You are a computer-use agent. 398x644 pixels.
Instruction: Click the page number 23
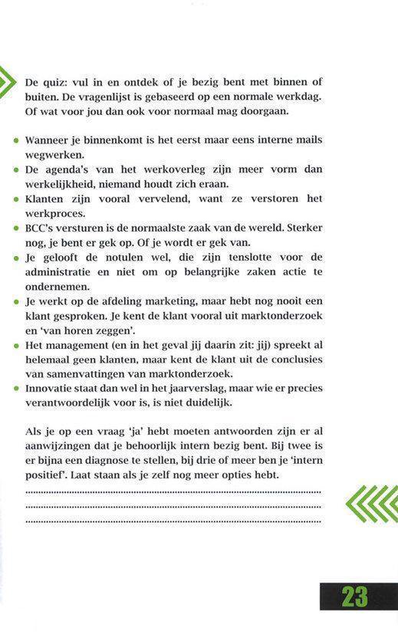pos(355,596)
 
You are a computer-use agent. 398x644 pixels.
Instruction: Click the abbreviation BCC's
pos(42,228)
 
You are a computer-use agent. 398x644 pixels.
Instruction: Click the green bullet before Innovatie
pos(16,389)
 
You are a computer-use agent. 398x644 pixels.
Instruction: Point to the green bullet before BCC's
pos(16,229)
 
